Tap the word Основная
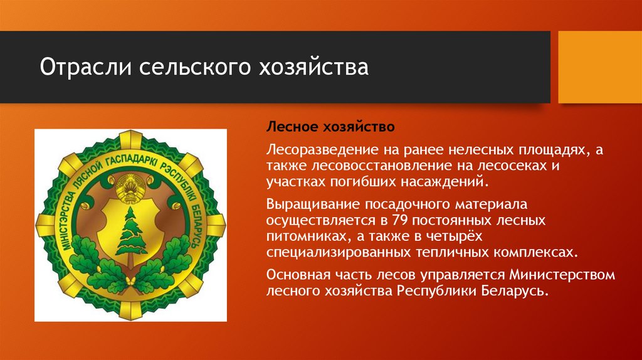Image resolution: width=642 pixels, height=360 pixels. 295,275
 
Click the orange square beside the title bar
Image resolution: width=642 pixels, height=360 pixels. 599,67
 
